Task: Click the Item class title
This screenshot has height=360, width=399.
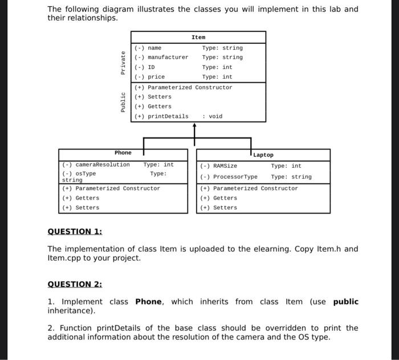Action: (198, 37)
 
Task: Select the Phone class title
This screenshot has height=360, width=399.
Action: (123, 153)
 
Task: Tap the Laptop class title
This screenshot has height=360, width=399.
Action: (263, 155)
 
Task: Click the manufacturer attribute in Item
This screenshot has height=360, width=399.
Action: (168, 58)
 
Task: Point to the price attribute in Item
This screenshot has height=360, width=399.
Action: (156, 77)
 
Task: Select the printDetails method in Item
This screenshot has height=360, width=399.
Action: (168, 116)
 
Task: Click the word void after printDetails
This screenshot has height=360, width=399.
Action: (215, 116)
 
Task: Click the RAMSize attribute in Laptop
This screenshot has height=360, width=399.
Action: (225, 166)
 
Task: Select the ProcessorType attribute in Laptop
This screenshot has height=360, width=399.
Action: (235, 177)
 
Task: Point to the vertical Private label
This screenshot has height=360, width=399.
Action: (123, 62)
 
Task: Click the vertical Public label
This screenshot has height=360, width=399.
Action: (123, 102)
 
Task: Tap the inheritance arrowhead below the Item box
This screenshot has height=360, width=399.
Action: (194, 126)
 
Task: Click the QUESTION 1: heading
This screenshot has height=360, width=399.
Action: (75, 232)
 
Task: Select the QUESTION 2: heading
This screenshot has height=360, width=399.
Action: (75, 284)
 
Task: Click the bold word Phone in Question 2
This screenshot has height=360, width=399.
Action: (149, 302)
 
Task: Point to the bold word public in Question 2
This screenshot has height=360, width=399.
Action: (346, 302)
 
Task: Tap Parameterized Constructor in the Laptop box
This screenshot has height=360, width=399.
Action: (255, 188)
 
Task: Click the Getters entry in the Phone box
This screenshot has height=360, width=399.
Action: (87, 198)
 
